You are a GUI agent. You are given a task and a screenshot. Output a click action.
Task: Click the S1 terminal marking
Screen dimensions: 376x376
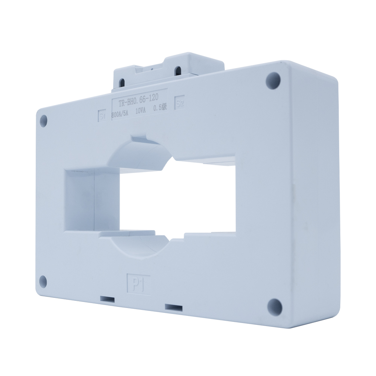[x=102, y=115]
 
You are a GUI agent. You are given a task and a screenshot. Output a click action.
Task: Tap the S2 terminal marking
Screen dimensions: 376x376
[x=180, y=103]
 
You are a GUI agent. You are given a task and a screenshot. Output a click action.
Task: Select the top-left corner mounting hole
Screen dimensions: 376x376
[x=44, y=120]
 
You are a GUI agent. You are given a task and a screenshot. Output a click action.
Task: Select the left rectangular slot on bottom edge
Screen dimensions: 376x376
[x=108, y=300]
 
